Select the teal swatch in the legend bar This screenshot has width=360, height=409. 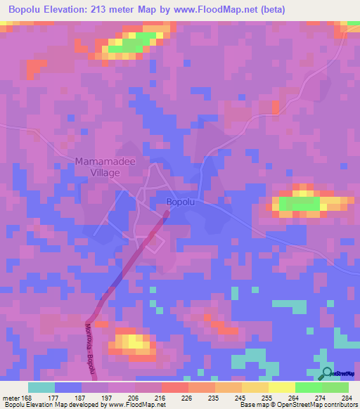41,387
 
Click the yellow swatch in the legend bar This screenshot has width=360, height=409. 281,387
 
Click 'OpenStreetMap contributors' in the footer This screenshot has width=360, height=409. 313,405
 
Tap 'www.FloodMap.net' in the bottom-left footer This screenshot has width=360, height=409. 135,405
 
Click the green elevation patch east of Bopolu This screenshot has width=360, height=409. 299,204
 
